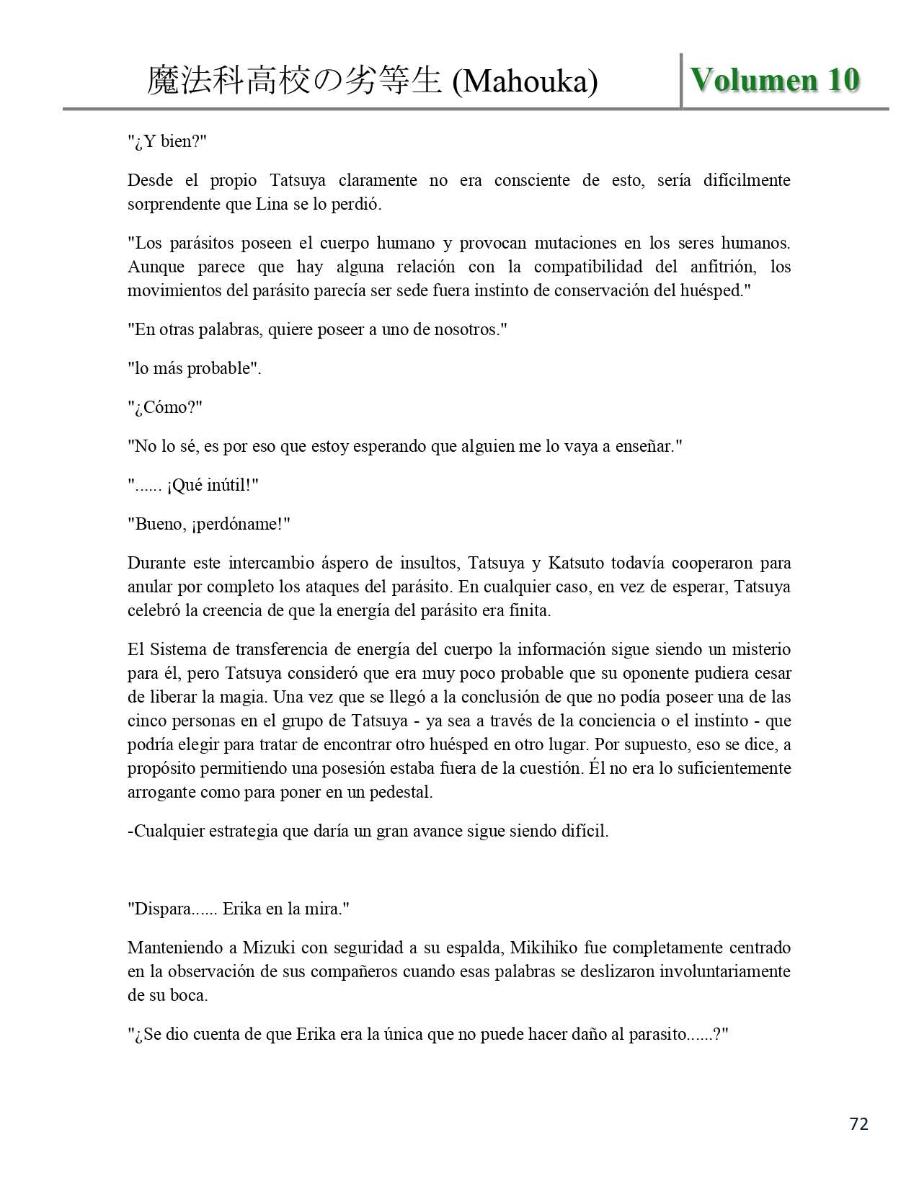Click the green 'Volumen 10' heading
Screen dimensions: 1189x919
pyautogui.click(x=775, y=80)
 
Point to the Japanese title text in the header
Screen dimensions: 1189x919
pyautogui.click(x=294, y=81)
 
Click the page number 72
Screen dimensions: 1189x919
pyautogui.click(x=859, y=1123)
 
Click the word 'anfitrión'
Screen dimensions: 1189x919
pyautogui.click(x=706, y=267)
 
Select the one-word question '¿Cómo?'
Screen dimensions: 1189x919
pyautogui.click(x=165, y=407)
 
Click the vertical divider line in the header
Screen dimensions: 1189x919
pyautogui.click(x=681, y=80)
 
